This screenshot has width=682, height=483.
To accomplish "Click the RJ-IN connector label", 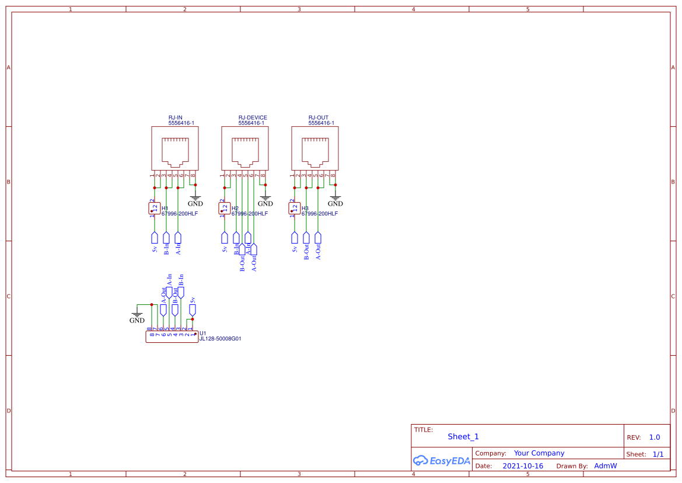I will (x=176, y=118).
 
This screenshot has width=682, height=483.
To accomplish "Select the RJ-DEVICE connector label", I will (x=253, y=118).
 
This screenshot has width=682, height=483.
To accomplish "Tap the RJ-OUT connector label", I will (x=319, y=118).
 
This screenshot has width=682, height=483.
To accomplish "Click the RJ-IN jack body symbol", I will (x=175, y=149).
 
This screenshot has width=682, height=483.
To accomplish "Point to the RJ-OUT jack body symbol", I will (x=315, y=149).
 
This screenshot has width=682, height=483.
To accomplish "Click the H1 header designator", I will (x=165, y=208).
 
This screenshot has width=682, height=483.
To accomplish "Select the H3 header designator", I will (x=305, y=208).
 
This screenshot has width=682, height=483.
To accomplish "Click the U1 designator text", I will (x=203, y=333).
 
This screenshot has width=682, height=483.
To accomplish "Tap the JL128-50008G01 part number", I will (x=221, y=339).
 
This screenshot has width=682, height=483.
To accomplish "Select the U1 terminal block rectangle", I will (x=172, y=337).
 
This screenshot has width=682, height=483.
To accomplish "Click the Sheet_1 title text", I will (x=463, y=437).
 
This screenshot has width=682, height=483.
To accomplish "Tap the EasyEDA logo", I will (x=442, y=461).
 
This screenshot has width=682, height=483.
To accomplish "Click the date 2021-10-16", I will (x=523, y=466).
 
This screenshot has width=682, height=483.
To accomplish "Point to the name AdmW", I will (x=605, y=466).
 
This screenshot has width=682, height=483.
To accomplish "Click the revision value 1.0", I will (x=655, y=437).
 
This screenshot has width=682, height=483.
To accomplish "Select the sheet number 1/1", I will (x=658, y=454).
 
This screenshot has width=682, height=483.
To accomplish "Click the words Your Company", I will (x=539, y=453).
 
